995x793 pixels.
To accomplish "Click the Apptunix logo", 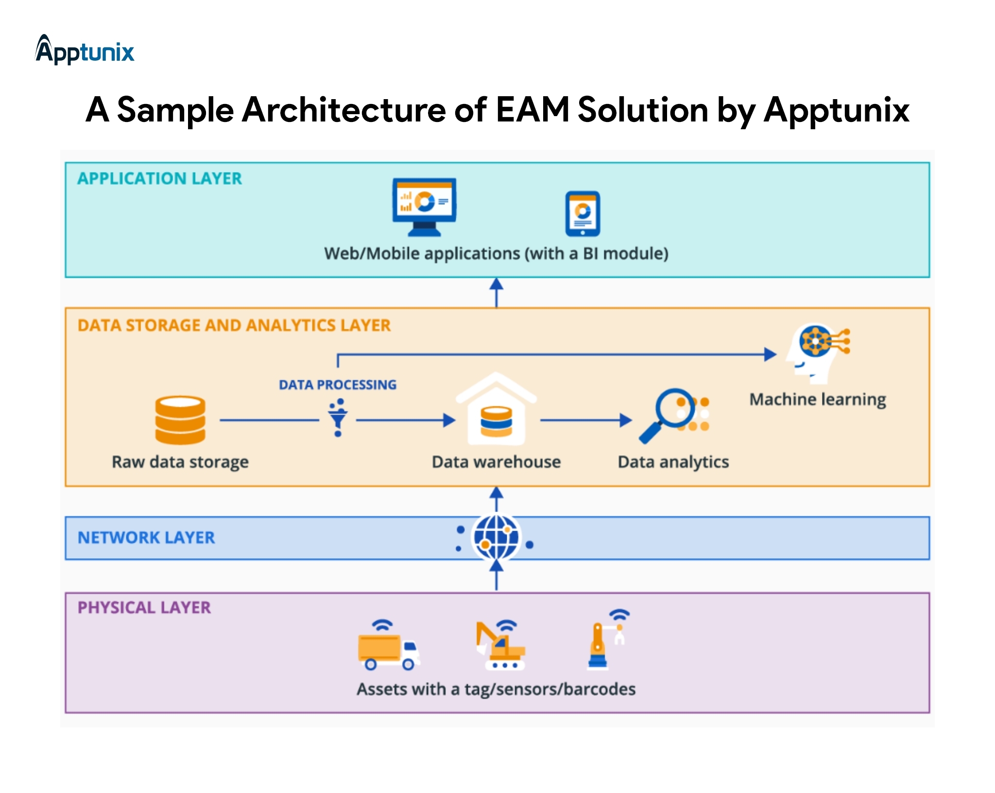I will click(85, 50).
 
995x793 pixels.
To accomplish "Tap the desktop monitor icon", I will click(424, 206).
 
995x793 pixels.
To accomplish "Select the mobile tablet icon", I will click(583, 214).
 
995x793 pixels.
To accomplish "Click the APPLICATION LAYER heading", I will click(159, 179).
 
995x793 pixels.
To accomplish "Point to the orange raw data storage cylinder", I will click(180, 420).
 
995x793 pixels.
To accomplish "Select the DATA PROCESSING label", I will click(338, 385).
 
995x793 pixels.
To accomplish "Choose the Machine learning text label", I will click(818, 399).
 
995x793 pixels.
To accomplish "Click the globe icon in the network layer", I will click(496, 537).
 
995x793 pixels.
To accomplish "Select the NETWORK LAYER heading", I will click(146, 537).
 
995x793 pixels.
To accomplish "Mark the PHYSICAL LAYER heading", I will click(144, 607).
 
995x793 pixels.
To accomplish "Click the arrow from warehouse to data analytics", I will click(585, 420).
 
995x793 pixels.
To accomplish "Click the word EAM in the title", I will click(532, 110).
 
